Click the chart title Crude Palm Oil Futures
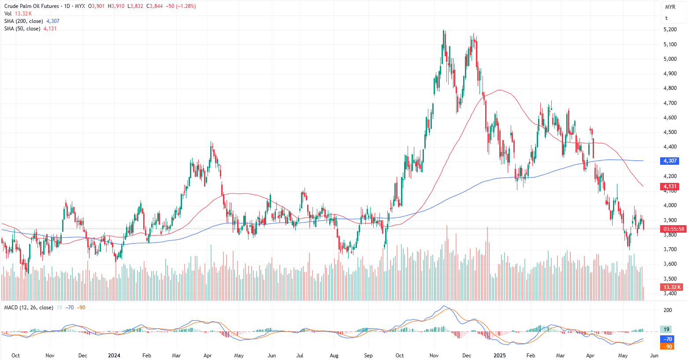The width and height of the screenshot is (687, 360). [31, 6]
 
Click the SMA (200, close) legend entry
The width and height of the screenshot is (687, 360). [24, 21]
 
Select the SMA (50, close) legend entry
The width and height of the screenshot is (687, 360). [22, 29]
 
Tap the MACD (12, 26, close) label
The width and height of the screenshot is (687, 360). [29, 308]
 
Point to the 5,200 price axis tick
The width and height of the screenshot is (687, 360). [670, 30]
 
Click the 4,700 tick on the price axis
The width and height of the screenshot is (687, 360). [670, 103]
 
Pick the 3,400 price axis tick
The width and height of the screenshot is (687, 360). [670, 293]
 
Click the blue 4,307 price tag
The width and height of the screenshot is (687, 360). [670, 161]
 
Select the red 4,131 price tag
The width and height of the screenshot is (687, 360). [670, 186]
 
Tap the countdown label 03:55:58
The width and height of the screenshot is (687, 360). [674, 229]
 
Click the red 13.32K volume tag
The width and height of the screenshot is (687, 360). [672, 287]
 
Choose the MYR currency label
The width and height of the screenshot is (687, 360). [670, 7]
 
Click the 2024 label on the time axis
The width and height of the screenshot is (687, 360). [114, 355]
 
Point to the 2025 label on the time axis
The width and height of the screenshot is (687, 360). [499, 355]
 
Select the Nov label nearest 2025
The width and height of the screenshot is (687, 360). [434, 355]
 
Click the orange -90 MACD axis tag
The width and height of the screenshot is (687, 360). [668, 346]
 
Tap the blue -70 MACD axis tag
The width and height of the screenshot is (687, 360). [668, 339]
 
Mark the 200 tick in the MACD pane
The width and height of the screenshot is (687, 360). [668, 310]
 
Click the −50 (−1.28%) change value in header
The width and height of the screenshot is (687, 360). [180, 6]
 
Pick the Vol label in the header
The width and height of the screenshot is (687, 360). [8, 14]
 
